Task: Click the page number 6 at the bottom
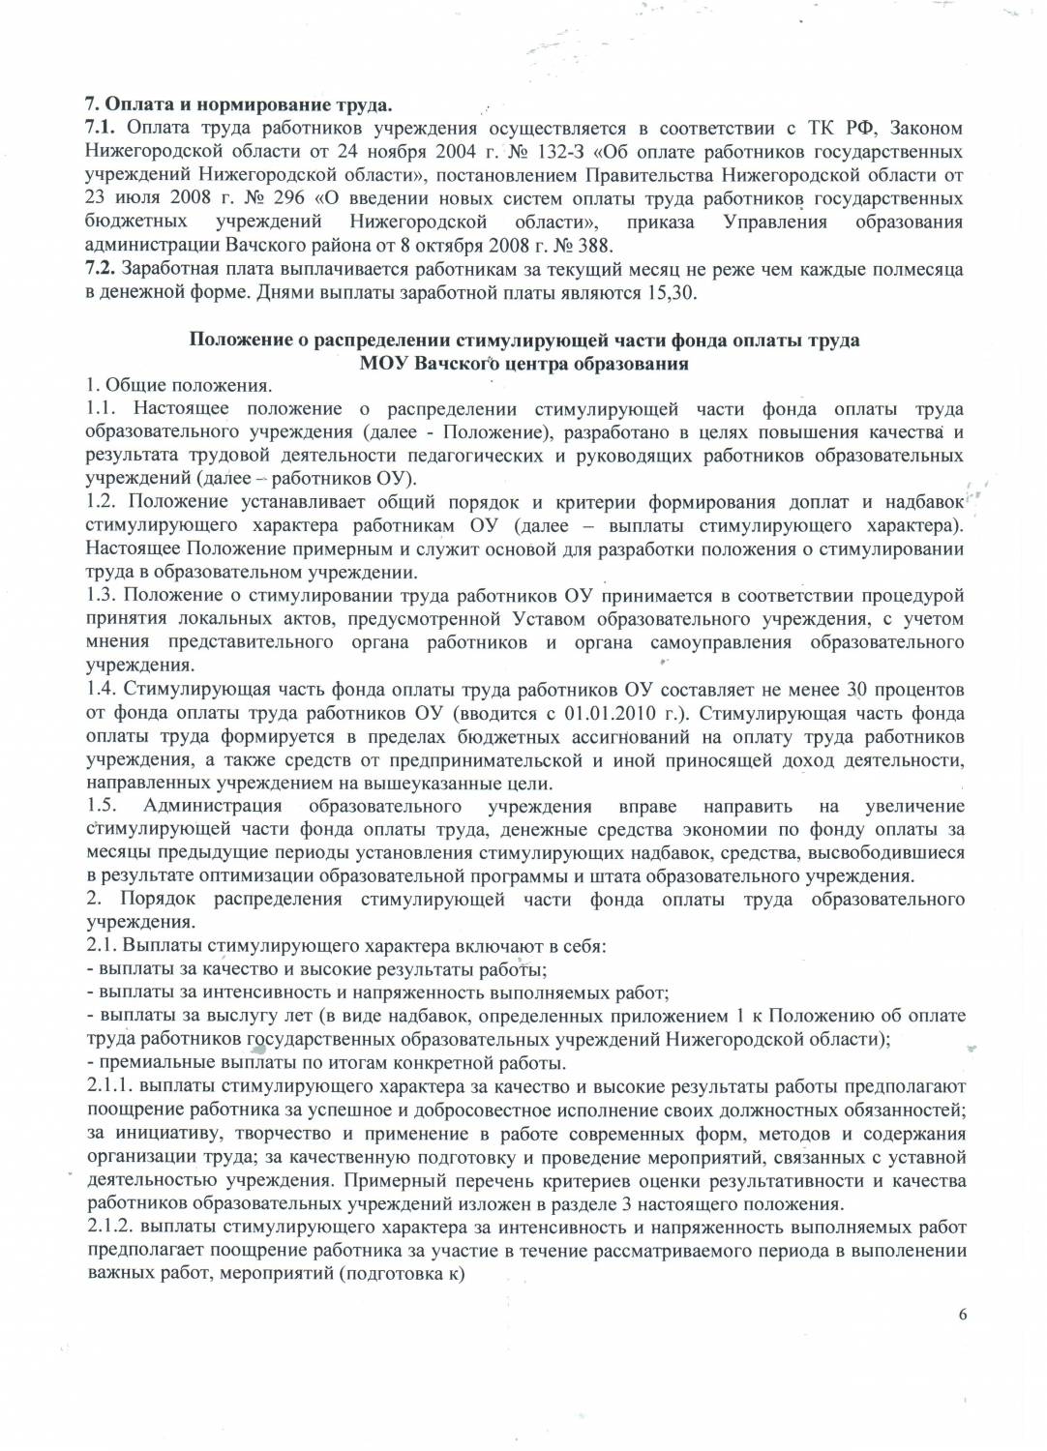(962, 1313)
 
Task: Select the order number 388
(592, 245)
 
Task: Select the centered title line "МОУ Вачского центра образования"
(523, 364)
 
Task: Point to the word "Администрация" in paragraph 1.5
(212, 806)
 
